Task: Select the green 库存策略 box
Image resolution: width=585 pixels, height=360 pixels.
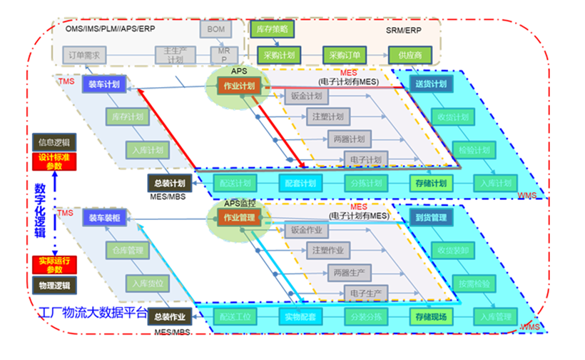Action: click(x=270, y=29)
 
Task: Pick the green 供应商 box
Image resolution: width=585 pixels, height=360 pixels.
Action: click(x=409, y=54)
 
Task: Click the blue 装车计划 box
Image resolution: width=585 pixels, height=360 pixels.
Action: click(x=103, y=84)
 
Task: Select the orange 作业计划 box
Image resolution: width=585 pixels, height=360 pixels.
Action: click(x=239, y=86)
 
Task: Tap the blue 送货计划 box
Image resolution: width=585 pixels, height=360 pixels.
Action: click(x=430, y=84)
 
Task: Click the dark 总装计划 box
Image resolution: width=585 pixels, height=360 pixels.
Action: click(x=169, y=182)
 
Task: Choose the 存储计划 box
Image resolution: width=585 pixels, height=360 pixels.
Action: click(x=430, y=183)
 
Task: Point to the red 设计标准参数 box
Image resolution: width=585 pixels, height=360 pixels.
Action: click(x=54, y=161)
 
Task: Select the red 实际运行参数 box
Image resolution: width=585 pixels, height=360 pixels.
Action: click(x=54, y=265)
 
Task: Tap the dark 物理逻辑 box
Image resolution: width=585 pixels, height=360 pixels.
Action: click(x=54, y=286)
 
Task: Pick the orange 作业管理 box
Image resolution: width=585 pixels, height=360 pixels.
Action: click(x=239, y=217)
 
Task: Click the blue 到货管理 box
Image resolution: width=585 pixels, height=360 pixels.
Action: click(x=430, y=217)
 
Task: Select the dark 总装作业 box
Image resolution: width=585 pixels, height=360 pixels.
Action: click(x=169, y=316)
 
